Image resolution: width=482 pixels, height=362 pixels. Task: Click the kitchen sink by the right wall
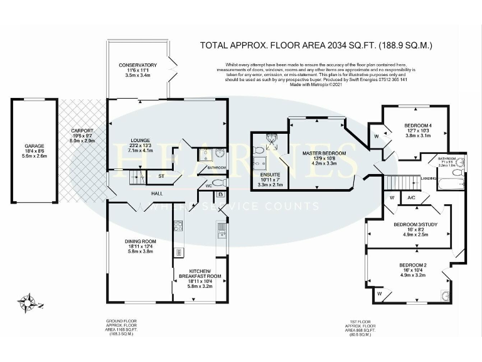tap(222, 231)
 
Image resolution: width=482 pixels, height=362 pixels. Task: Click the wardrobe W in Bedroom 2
tap(379, 293)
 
